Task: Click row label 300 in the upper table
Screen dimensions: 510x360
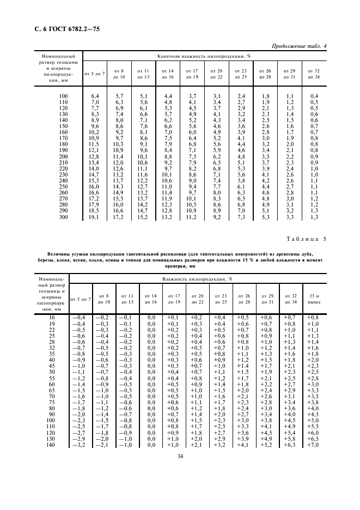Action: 63,217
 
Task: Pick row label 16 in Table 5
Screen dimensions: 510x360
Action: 52,317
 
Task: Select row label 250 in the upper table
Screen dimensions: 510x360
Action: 63,186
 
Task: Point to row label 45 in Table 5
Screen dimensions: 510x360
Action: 52,366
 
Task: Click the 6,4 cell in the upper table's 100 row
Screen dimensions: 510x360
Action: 94,96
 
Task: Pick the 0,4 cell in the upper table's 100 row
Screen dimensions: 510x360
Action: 313,96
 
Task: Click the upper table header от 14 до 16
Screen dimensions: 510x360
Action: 168,74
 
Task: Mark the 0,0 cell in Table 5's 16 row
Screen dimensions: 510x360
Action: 151,317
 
